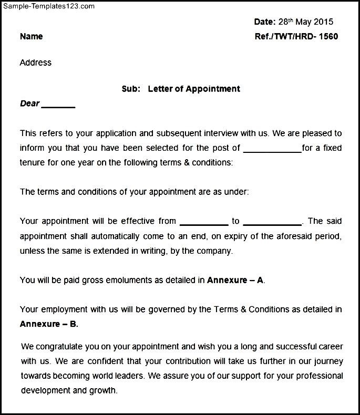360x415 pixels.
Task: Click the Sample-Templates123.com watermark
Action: [48, 6]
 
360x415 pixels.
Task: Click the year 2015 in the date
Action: [323, 22]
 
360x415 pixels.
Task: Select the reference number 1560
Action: [328, 37]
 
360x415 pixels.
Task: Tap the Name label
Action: [31, 37]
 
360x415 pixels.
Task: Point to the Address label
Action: [35, 63]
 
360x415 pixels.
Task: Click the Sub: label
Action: [131, 89]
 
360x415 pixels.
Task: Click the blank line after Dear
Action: [58, 105]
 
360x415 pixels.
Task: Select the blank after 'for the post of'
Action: [273, 149]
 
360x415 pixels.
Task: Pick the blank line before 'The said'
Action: [273, 222]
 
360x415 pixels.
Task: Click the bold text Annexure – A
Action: [235, 281]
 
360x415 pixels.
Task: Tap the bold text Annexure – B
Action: [49, 324]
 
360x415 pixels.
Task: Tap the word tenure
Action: [33, 163]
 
